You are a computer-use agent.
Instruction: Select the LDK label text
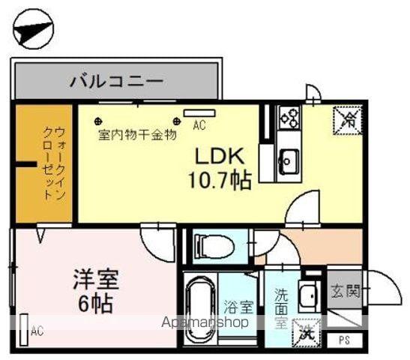coord(220,157)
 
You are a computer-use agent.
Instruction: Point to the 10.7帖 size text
coord(220,181)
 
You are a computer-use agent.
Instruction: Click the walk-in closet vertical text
coord(45,161)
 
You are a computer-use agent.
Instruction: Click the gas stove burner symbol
coord(289,116)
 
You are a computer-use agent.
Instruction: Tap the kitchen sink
coord(288,158)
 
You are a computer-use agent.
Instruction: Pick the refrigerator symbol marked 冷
coord(347,118)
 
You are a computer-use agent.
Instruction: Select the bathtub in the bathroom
coord(200,303)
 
